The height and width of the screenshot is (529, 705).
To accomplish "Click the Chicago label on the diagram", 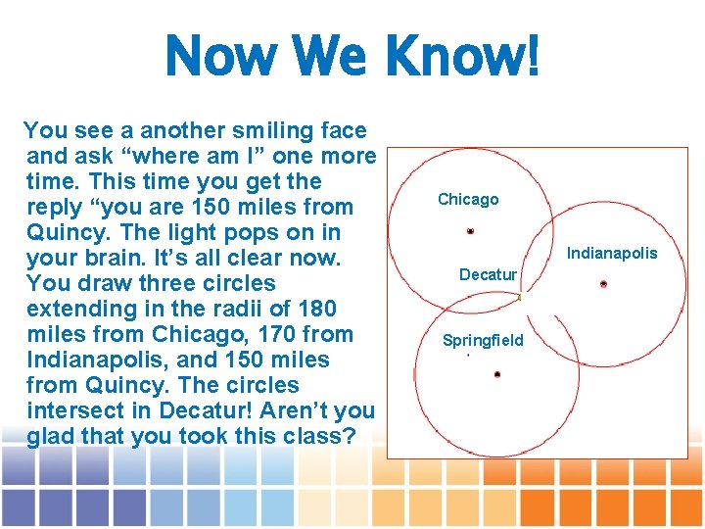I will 468,200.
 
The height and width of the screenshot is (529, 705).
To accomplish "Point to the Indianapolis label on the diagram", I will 613,254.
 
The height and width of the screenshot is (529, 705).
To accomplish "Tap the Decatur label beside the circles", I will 488,275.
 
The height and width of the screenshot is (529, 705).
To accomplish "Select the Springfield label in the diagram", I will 483,341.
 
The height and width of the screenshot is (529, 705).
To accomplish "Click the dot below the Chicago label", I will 470,231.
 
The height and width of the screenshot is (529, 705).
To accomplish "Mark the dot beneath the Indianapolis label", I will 603,284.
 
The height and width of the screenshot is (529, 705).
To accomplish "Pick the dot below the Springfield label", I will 497,374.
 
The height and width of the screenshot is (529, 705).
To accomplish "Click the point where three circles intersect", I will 519,296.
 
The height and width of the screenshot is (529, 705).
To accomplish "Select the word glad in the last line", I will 51,436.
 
